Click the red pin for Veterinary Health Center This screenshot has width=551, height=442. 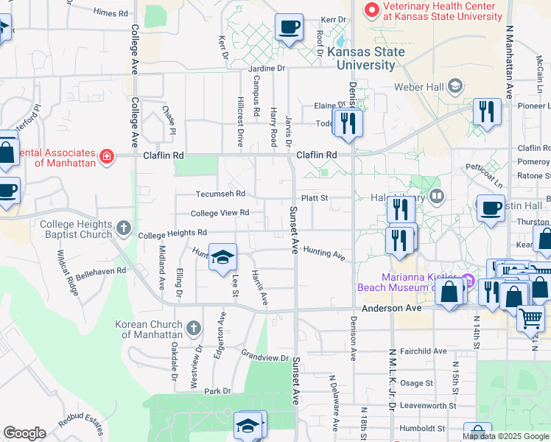click(372, 10)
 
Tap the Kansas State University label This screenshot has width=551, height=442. click(366, 58)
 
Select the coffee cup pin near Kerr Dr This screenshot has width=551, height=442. click(289, 28)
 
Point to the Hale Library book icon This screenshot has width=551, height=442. click(437, 196)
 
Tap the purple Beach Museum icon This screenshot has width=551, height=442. click(468, 280)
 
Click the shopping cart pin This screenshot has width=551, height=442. click(530, 318)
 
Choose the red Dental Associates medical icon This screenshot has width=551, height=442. click(107, 156)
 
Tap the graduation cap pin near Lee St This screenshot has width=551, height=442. click(222, 257)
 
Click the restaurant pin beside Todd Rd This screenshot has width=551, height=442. click(348, 122)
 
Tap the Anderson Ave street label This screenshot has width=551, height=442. click(390, 308)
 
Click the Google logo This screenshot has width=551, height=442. click(24, 433)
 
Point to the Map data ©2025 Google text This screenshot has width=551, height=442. click(505, 436)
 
